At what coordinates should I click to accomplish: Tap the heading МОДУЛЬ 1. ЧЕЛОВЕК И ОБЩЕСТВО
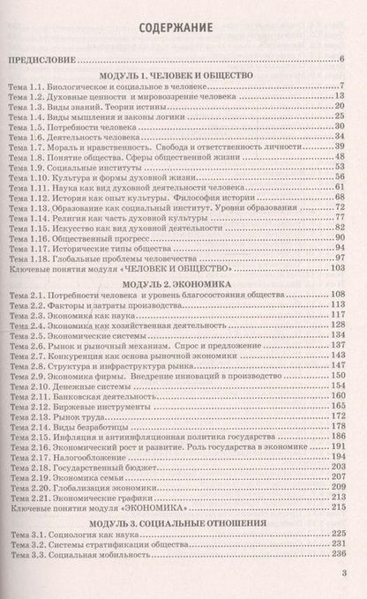[183, 76]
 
